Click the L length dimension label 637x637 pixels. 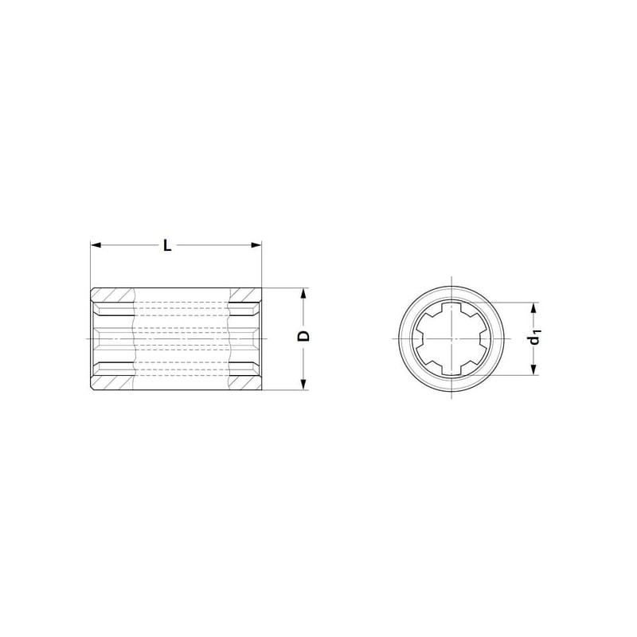(x=167, y=245)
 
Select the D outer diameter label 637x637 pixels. (x=304, y=336)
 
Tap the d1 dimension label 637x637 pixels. (x=535, y=338)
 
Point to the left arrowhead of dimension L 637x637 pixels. (x=96, y=245)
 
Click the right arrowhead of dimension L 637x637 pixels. (x=256, y=245)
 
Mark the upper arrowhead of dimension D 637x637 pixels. (x=303, y=293)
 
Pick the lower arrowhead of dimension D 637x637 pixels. (x=303, y=385)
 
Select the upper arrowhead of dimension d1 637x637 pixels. (x=534, y=308)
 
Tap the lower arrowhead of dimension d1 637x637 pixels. (x=534, y=369)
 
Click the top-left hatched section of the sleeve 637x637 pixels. (x=112, y=295)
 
